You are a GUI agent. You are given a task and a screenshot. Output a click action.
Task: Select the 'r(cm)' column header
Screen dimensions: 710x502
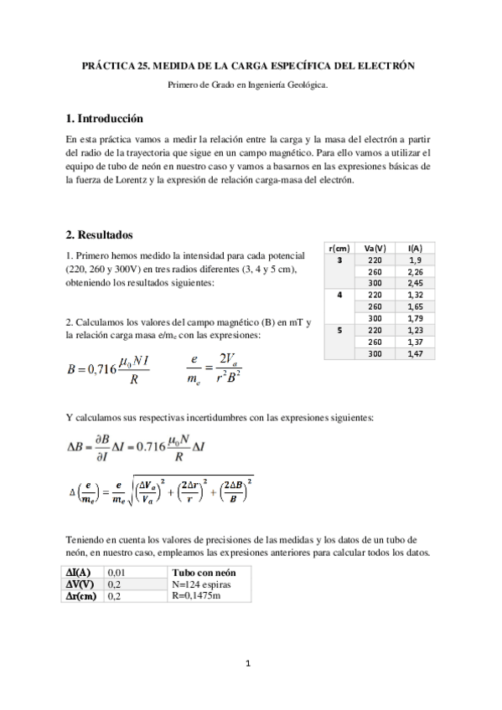click(339, 249)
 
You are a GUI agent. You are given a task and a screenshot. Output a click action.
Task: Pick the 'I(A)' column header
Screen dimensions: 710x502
click(414, 249)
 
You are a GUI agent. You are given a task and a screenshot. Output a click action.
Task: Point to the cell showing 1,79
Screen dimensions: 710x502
click(414, 319)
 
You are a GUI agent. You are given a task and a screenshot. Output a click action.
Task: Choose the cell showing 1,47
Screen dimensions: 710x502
click(414, 354)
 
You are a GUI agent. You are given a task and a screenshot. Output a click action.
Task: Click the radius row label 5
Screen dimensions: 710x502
click(339, 331)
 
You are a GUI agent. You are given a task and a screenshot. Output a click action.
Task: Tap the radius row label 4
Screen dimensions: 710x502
click(339, 296)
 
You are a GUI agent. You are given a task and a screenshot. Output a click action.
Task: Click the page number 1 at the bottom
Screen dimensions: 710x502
click(249, 664)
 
